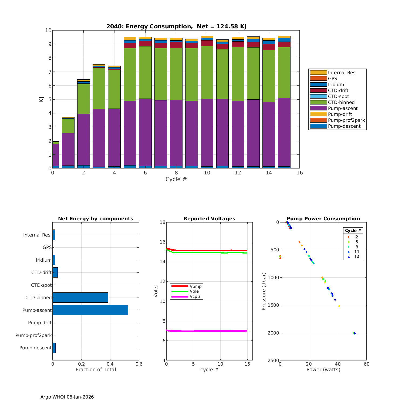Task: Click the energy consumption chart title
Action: point(176,26)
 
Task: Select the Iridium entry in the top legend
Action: point(336,85)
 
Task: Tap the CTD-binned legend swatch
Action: point(318,102)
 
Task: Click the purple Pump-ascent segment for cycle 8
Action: point(176,132)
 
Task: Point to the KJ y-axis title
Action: point(41,99)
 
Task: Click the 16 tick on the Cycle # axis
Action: point(299,173)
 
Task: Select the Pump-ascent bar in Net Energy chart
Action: point(90,310)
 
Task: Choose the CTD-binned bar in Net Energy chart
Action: point(80,298)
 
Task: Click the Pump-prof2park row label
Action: point(33,335)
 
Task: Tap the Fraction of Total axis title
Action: point(96,370)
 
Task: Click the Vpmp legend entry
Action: point(195,286)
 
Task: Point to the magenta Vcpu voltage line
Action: point(207,331)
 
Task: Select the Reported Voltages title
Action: point(209,219)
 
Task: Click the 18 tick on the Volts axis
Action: point(163,222)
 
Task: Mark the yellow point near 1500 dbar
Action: point(339,306)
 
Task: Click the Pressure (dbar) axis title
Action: point(264,291)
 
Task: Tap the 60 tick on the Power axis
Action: point(366,364)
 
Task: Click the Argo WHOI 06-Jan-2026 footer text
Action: point(67,397)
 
